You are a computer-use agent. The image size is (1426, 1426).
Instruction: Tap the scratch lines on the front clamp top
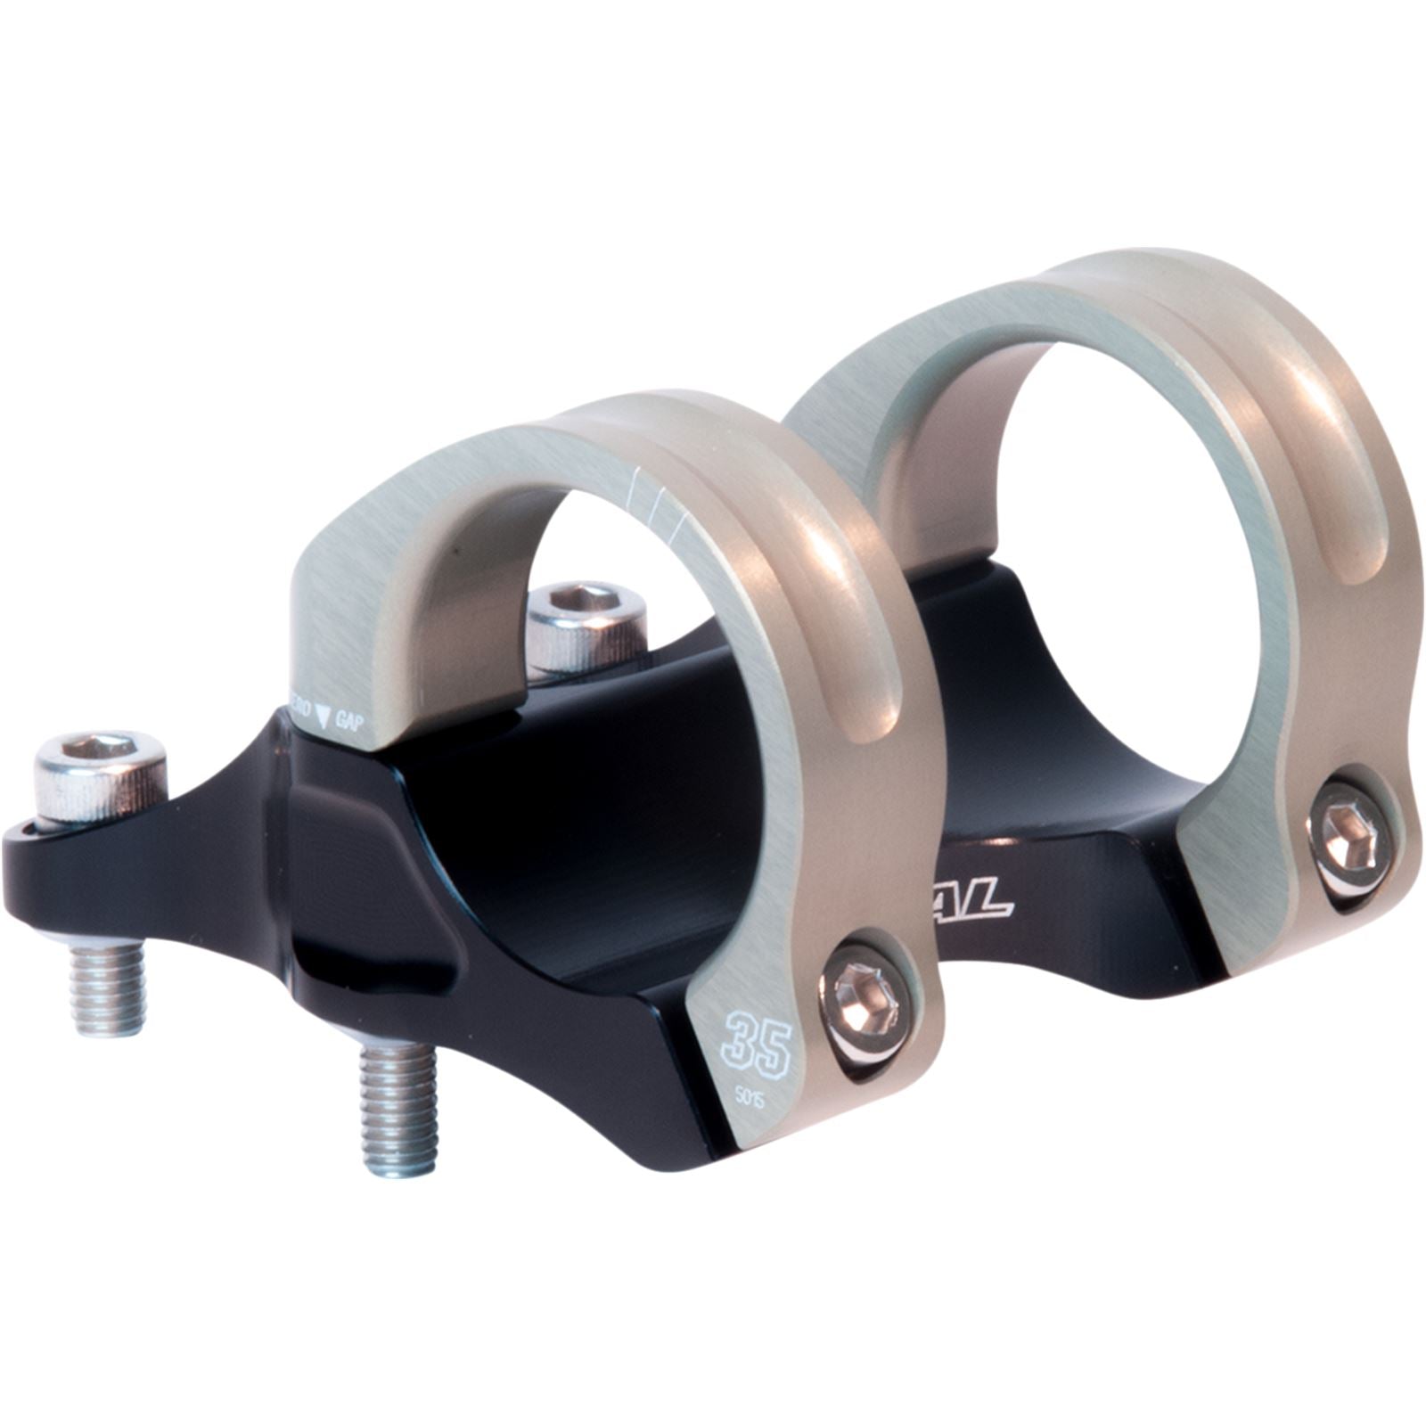[x=656, y=504]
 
